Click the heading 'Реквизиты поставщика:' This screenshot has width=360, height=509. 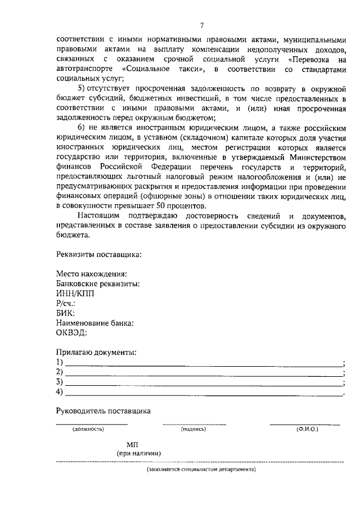tap(99, 254)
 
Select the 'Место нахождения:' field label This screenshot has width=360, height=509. tap(87, 273)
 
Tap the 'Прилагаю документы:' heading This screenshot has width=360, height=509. tap(96, 352)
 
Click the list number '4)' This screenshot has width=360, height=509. tap(60, 391)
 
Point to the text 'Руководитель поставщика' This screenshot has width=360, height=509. tap(103, 411)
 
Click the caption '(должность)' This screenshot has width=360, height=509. tap(88, 429)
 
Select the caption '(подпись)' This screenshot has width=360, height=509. tap(193, 429)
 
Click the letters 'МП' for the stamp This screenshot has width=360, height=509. tap(132, 444)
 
